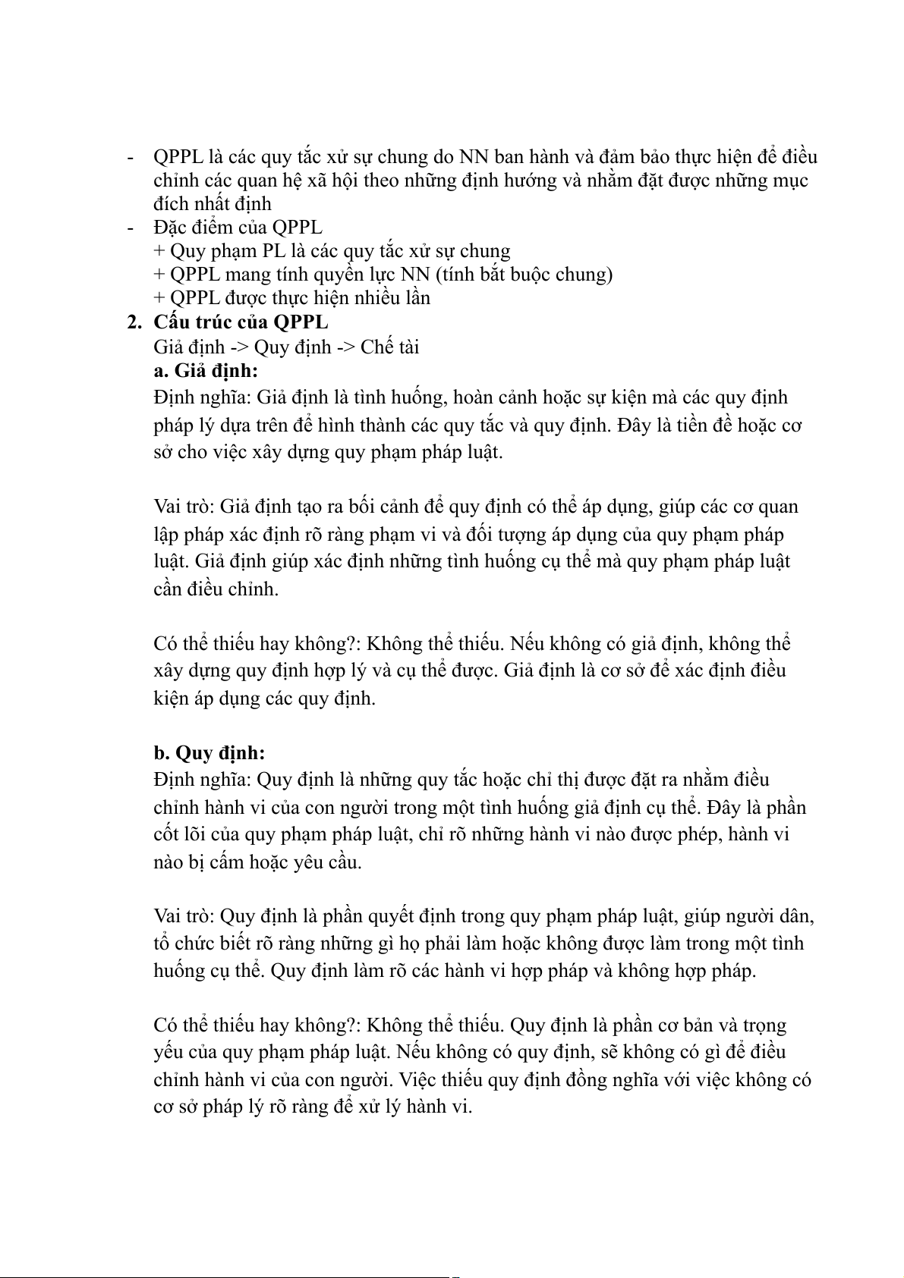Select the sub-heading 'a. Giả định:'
[205, 371]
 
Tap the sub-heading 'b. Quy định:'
[209, 753]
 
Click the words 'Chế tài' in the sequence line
[389, 347]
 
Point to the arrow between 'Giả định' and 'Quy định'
[239, 347]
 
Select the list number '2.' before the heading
[134, 322]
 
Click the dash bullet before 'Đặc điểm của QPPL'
[131, 227]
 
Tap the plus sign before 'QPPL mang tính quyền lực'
[159, 274]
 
